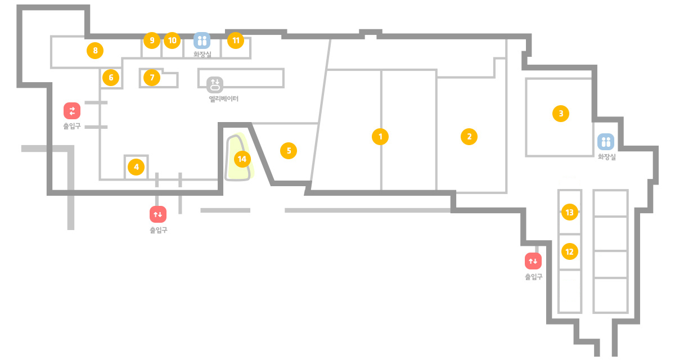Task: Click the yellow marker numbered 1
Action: tap(380, 137)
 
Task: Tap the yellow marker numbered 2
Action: tap(469, 137)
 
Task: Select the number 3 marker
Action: tap(560, 114)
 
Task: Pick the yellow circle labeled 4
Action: tap(136, 167)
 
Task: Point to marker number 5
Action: tap(289, 151)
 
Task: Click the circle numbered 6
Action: tap(111, 78)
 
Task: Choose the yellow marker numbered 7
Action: tap(152, 78)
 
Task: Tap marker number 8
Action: tap(95, 50)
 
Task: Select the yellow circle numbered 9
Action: tap(152, 40)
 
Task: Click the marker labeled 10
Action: tap(172, 40)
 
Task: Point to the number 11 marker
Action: tap(236, 40)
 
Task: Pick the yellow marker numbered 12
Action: tap(569, 251)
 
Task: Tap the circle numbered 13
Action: tap(569, 213)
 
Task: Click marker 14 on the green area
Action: tap(242, 159)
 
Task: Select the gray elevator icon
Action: tap(215, 84)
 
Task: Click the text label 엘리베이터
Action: tap(224, 99)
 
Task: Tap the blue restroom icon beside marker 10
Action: tap(202, 40)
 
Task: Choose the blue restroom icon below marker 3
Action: tap(606, 142)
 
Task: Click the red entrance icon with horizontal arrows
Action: tap(72, 111)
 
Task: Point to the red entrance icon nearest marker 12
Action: tap(533, 261)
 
